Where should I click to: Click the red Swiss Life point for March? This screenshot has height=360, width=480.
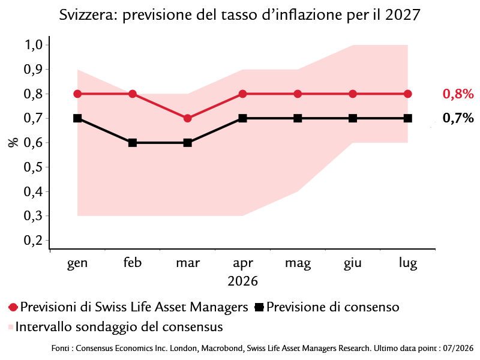click(x=188, y=118)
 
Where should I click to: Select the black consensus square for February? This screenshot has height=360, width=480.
click(x=133, y=143)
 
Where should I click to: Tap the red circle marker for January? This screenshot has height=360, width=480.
click(x=78, y=94)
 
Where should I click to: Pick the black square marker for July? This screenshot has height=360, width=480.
click(x=408, y=118)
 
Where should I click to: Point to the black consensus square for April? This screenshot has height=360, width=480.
click(x=242, y=118)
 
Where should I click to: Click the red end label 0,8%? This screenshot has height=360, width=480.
click(x=458, y=94)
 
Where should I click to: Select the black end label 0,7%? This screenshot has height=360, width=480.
click(x=458, y=118)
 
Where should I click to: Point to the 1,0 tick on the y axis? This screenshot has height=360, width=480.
click(x=33, y=44)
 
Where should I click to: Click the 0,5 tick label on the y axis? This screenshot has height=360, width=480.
click(x=33, y=167)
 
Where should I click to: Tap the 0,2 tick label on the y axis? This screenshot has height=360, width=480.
click(x=33, y=241)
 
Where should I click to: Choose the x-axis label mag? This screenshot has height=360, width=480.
click(x=298, y=263)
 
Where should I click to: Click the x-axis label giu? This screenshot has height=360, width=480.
click(x=353, y=263)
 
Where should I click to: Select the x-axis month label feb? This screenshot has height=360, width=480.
click(x=133, y=262)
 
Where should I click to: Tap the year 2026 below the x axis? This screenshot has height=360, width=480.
click(x=243, y=281)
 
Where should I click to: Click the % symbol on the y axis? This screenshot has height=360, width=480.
click(x=13, y=143)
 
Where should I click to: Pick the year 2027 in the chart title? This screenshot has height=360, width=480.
click(x=403, y=14)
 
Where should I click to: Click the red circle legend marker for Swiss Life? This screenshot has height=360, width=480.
click(x=13, y=307)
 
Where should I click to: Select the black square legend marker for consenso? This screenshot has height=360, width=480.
click(x=259, y=307)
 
